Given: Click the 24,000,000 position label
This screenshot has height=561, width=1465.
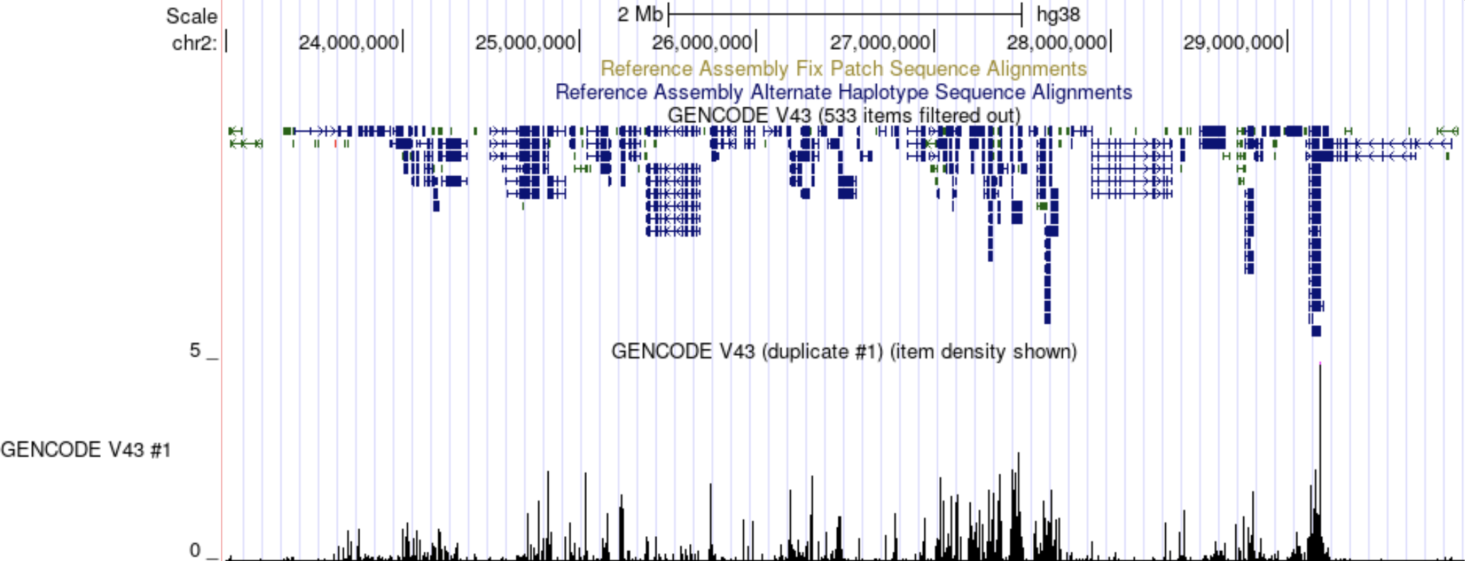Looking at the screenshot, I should (x=348, y=43).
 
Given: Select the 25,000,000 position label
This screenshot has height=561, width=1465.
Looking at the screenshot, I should (x=525, y=43).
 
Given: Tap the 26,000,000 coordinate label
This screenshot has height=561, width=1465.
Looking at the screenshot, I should (x=702, y=43).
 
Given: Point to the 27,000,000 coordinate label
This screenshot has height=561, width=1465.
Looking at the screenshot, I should (x=880, y=43).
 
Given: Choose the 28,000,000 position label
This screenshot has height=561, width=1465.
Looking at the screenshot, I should (x=1056, y=43).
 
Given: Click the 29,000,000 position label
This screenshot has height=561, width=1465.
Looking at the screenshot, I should (x=1233, y=43).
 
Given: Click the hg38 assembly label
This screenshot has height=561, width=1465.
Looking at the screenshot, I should (x=1058, y=15).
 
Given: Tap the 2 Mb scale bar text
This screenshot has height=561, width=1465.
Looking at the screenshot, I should (x=639, y=15).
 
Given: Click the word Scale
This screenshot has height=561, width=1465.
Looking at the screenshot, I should (x=191, y=16).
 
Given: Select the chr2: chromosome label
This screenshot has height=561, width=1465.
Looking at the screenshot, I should (x=194, y=43).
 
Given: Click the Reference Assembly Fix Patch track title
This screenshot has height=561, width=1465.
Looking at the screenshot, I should (x=843, y=69).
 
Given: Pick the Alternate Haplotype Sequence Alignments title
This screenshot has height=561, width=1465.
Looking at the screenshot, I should (x=843, y=92).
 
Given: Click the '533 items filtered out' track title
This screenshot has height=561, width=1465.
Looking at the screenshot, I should (x=843, y=115).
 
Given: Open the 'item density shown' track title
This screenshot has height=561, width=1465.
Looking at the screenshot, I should (x=843, y=352).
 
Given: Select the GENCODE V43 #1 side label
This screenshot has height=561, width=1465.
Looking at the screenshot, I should (x=85, y=450).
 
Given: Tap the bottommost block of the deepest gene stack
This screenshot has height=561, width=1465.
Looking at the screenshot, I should (x=1316, y=332).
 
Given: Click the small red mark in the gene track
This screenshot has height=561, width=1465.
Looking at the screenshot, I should (x=335, y=143).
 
